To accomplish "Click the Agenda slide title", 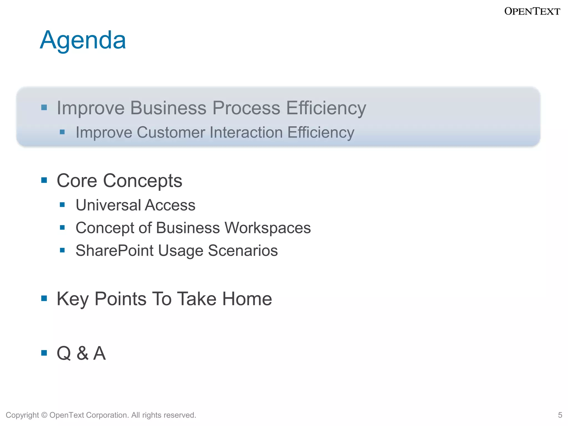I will (83, 40).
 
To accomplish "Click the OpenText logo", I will (532, 11).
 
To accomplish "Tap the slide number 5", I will (560, 415).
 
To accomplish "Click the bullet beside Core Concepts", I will (44, 181).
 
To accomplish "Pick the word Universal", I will (108, 205).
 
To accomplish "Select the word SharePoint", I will (114, 251).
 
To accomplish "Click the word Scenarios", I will (243, 251).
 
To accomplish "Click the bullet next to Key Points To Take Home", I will (44, 298).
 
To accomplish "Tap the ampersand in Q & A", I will (83, 353).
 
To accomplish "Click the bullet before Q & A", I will (44, 353).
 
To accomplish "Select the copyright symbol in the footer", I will (44, 415).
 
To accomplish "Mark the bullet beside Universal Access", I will (62, 205).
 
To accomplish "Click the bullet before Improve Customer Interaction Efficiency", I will (62, 132).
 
